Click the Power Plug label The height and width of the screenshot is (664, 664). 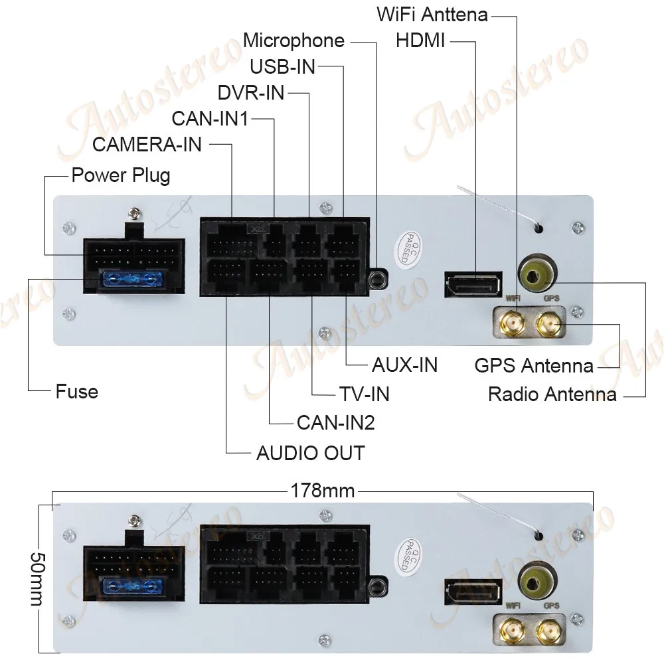(120, 176)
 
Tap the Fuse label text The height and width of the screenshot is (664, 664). (77, 391)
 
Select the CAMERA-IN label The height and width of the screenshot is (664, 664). (147, 143)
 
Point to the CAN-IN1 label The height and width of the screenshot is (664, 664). (210, 119)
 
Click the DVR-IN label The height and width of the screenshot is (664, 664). (251, 92)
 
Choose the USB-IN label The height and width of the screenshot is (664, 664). (282, 66)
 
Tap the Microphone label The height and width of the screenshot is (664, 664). (293, 41)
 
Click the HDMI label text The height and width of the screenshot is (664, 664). (420, 41)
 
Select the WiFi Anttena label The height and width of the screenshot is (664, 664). (432, 14)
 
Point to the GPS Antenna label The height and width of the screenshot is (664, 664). (534, 365)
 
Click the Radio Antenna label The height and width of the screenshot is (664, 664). (552, 394)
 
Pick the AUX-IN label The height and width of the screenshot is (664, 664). (404, 365)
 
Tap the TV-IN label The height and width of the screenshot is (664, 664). (365, 394)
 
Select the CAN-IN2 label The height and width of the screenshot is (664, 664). (335, 422)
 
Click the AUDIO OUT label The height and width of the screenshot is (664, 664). (310, 453)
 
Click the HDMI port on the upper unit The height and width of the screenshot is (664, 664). (471, 284)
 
